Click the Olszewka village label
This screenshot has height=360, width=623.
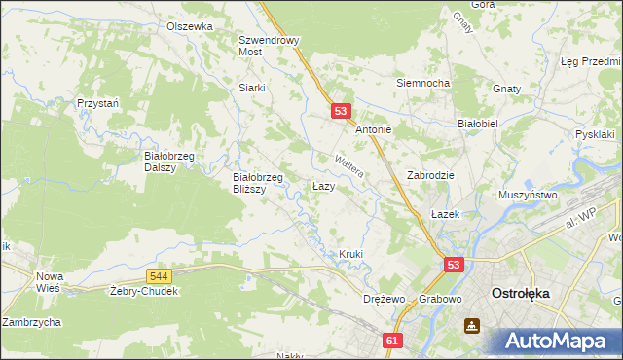point(189,26)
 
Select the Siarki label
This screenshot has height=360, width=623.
point(252,87)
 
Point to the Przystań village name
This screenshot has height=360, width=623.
point(97,102)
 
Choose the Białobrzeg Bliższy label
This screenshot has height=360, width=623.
point(258,183)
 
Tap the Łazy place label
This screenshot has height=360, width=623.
point(324,185)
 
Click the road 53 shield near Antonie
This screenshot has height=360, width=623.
point(341,112)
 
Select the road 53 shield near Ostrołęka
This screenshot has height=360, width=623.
point(455,264)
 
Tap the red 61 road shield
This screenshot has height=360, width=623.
point(391,341)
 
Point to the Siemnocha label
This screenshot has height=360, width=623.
point(422,83)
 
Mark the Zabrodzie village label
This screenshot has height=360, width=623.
point(430,176)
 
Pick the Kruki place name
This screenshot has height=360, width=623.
point(350,254)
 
